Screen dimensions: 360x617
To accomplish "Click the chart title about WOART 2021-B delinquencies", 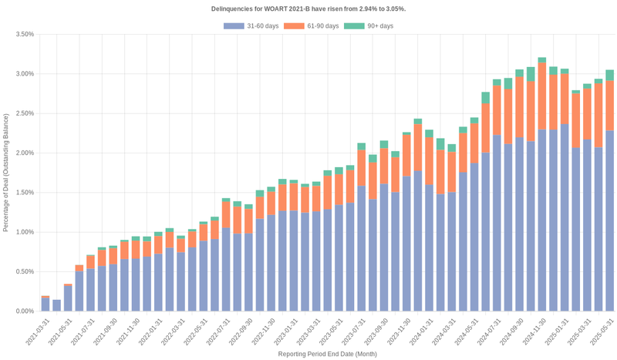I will tap(308, 8).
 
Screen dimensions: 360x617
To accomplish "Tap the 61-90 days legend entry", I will tap(312, 26).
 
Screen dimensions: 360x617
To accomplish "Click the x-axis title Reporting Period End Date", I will tap(327, 354).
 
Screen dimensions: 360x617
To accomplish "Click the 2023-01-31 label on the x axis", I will tap(285, 330).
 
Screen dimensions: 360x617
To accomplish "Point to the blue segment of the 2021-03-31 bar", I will tap(46, 304).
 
